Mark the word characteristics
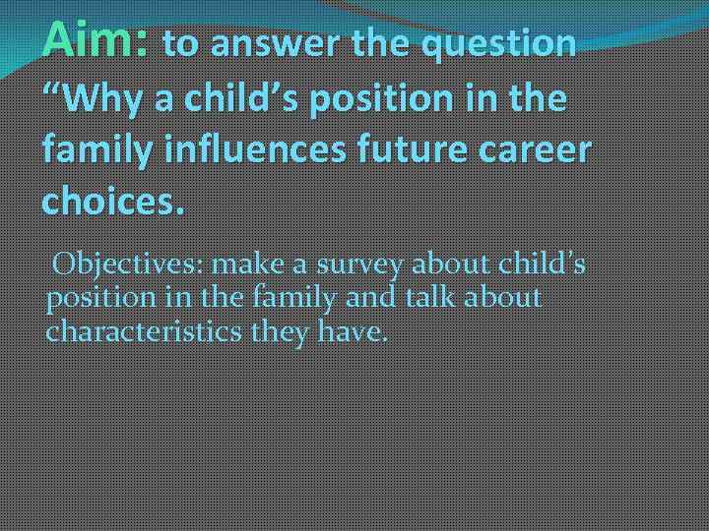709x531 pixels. tap(144, 331)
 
